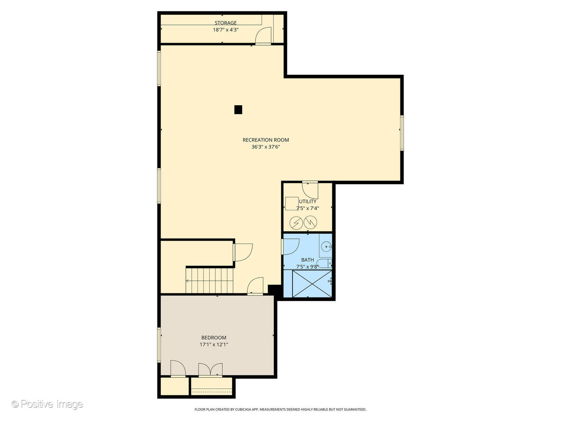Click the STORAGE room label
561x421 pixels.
pos(226,23)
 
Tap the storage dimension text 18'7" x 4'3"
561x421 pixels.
pos(226,30)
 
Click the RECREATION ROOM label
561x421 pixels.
pos(266,140)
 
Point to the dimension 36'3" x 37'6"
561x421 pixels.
pos(266,147)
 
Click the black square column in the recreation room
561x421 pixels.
pos(238,110)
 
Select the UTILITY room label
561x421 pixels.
pos(308,202)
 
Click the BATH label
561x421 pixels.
pos(307,260)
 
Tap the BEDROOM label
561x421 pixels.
pos(213,338)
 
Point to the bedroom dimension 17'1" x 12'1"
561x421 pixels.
pos(213,345)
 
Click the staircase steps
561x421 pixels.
pos(209,280)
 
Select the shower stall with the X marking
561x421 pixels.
pos(308,284)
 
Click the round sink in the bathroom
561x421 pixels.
pos(326,246)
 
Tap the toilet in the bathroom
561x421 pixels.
pos(325,264)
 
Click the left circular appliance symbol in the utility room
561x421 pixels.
pos(296,223)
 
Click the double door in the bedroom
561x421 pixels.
pos(210,370)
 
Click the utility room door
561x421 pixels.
pos(310,189)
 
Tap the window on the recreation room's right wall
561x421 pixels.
pos(402,133)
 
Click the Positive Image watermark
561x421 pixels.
pos(48,404)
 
